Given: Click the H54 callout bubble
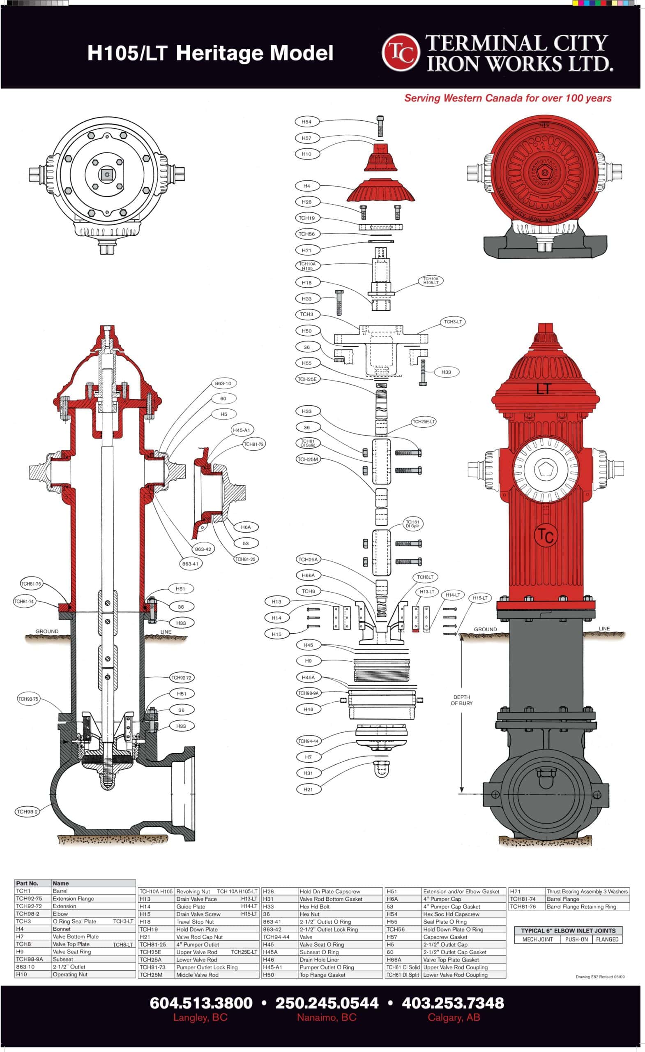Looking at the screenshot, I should click(x=306, y=122).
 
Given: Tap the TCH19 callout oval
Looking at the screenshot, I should click(x=306, y=218).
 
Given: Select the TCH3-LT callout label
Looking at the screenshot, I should click(x=452, y=321).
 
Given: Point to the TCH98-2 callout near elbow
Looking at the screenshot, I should click(x=27, y=811).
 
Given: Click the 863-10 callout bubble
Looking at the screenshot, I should click(x=223, y=383).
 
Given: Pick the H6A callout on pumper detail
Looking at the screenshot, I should click(x=245, y=527).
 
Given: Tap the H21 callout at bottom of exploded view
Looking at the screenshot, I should click(x=308, y=789).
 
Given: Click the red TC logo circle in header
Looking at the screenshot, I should click(x=401, y=52).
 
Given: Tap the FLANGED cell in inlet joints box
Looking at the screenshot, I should click(x=607, y=939).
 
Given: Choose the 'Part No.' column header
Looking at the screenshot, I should click(x=27, y=883).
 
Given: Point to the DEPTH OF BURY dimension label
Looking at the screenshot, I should click(x=461, y=700).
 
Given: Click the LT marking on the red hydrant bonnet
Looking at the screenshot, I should click(x=544, y=389).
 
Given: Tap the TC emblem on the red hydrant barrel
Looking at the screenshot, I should click(x=546, y=535).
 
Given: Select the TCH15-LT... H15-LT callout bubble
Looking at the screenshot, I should click(x=480, y=598).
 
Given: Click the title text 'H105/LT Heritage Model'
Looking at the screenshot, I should click(x=210, y=53).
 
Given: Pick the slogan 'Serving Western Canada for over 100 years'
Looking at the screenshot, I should click(x=507, y=98).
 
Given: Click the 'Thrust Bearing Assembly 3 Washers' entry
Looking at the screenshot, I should click(x=587, y=891).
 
